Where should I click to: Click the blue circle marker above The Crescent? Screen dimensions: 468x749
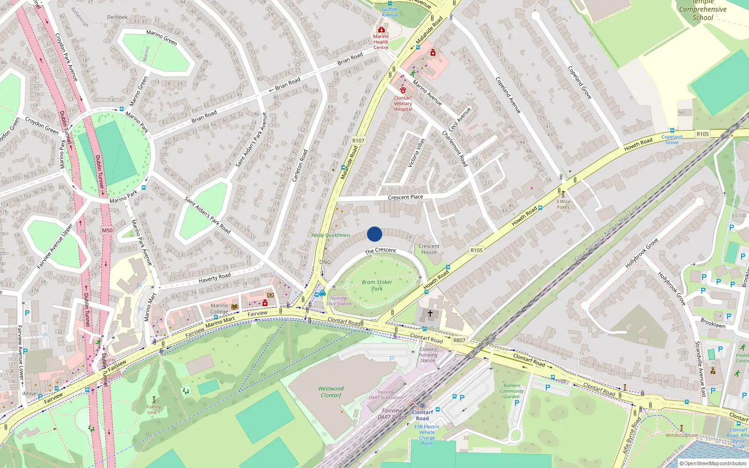pos(374,234)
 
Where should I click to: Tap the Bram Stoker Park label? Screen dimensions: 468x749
pos(377,285)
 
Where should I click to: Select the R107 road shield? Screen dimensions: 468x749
pos(358,140)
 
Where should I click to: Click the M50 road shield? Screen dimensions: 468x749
pos(107,230)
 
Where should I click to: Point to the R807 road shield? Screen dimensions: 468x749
pos(459,340)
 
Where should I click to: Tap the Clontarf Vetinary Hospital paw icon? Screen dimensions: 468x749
pos(403,90)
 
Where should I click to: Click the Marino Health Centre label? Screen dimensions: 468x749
pos(381,42)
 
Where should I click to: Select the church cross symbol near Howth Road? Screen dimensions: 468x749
pos(430,313)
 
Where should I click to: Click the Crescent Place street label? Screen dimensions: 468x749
pos(405,197)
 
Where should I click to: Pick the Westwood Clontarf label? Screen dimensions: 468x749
pos(331,392)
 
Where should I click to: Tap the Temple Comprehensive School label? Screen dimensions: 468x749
pos(703,10)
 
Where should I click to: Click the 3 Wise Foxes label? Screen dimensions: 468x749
pos(563,204)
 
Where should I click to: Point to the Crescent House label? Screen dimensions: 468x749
pos(429,249)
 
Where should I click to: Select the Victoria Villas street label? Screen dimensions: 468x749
pos(416,153)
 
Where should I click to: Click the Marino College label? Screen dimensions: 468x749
pos(219,308)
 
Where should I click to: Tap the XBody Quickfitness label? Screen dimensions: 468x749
pos(330,235)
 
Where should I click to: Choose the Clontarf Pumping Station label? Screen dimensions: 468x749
pos(428,355)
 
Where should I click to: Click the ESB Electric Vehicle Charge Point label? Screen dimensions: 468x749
pos(427,435)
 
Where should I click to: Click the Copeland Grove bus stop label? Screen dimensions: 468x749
pos(672,139)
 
